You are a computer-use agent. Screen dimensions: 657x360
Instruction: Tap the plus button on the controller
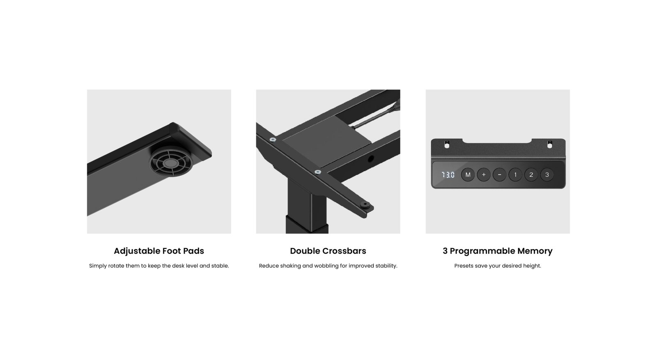pos(484,175)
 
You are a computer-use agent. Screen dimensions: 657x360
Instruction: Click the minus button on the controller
pos(499,175)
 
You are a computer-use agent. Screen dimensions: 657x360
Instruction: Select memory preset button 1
pos(515,175)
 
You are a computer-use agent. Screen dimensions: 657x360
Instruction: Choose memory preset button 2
pos(531,175)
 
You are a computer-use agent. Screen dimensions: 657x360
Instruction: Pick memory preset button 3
pos(547,175)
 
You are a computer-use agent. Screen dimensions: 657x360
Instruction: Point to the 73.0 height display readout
pos(448,175)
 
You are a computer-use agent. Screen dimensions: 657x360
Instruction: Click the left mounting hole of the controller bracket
pos(447,144)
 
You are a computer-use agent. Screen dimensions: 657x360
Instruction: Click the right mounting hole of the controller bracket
pos(550,144)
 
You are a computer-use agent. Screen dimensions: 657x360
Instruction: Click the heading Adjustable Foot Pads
pos(159,251)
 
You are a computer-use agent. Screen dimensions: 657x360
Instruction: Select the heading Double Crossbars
pos(328,251)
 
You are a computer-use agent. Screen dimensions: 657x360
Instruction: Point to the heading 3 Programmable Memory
pos(497,251)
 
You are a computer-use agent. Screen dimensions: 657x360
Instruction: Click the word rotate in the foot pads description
pos(116,266)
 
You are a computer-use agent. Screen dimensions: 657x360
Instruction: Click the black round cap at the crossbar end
pos(365,205)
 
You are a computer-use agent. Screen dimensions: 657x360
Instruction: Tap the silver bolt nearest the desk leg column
pos(318,172)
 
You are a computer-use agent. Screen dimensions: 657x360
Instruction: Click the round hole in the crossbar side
pos(371,158)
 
